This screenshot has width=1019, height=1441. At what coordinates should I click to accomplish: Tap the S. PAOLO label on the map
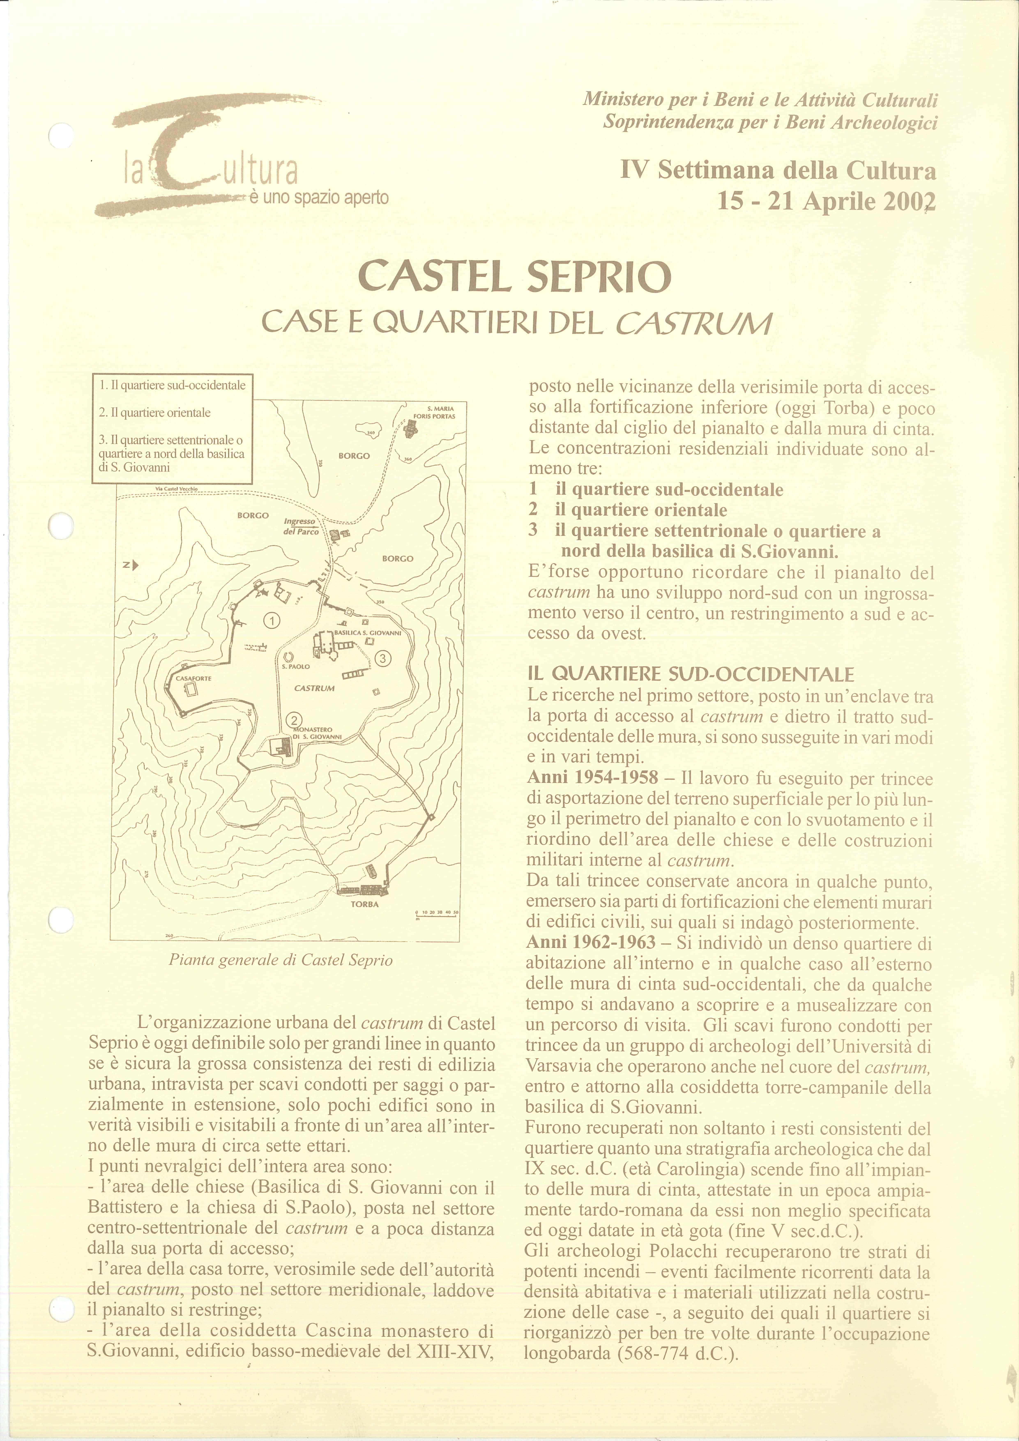296,666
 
